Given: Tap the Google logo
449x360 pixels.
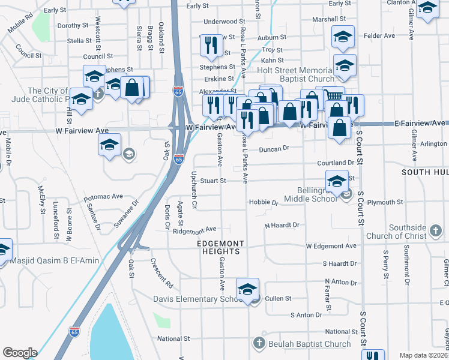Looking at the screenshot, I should [20, 353].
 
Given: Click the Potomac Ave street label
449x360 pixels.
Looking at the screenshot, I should [103, 196].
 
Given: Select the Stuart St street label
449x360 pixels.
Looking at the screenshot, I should [213, 180].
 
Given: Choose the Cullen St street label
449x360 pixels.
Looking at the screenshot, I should [278, 298].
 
